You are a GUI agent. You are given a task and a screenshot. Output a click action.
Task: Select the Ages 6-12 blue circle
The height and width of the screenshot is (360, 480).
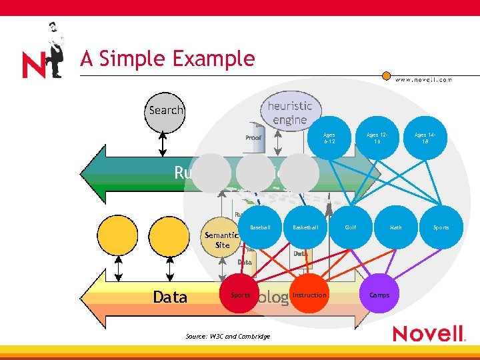tap(330, 139)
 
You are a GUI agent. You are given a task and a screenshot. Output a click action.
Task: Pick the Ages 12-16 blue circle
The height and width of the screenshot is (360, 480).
tap(377, 139)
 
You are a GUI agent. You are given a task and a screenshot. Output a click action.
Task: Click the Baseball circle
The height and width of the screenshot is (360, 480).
tap(260, 228)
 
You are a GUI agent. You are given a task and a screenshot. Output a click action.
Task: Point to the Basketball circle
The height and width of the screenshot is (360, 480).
tap(305, 228)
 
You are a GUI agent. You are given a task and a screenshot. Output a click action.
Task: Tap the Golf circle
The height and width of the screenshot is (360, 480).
tap(351, 228)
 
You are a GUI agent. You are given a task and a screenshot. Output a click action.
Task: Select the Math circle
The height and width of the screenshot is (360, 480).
tap(396, 228)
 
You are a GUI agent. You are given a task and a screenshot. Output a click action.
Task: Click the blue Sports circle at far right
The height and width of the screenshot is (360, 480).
tap(441, 228)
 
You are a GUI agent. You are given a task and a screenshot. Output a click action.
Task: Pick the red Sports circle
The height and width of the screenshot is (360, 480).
tap(241, 295)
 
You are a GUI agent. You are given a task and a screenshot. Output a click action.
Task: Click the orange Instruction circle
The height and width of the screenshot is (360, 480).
tap(309, 295)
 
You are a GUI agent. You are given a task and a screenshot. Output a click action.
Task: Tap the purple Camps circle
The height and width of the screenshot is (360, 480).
tap(379, 295)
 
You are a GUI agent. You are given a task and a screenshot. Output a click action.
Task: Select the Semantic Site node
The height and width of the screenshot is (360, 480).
tap(223, 239)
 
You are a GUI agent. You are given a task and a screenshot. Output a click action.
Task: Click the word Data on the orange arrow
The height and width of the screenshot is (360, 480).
tap(170, 297)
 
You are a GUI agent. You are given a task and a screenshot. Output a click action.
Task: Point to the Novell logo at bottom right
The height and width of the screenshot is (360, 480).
tap(428, 333)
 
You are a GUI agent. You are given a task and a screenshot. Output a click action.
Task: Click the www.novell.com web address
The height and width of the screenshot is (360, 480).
tap(424, 79)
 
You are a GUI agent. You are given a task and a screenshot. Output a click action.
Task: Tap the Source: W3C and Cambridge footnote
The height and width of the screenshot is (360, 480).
tap(229, 337)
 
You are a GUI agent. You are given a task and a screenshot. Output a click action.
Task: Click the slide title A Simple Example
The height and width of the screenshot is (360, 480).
tap(167, 59)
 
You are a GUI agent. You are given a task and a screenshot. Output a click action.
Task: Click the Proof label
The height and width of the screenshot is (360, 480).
tap(253, 138)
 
